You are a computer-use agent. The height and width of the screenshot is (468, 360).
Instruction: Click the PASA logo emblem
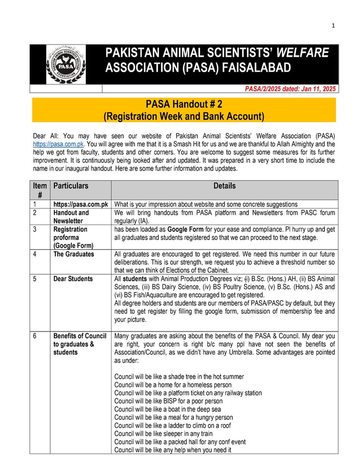click(66, 65)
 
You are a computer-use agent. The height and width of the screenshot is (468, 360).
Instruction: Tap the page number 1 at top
click(333, 26)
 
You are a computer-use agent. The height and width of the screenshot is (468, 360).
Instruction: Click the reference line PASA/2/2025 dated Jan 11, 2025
click(291, 89)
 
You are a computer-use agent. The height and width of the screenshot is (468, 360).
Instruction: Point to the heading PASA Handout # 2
click(184, 104)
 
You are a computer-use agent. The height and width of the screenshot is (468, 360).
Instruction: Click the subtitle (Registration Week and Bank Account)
click(184, 116)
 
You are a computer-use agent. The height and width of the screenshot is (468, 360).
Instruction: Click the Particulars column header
click(71, 186)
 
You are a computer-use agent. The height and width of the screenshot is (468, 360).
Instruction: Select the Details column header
click(225, 186)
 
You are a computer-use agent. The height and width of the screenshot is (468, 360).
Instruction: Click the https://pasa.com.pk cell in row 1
click(81, 204)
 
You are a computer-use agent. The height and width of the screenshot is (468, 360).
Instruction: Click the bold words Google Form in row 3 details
click(185, 229)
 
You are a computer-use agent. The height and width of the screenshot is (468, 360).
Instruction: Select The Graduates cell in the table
click(74, 254)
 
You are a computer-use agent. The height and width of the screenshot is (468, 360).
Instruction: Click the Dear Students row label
click(73, 279)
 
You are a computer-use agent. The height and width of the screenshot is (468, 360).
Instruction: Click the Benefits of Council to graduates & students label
click(80, 344)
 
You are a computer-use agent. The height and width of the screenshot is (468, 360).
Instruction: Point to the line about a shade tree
click(179, 377)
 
